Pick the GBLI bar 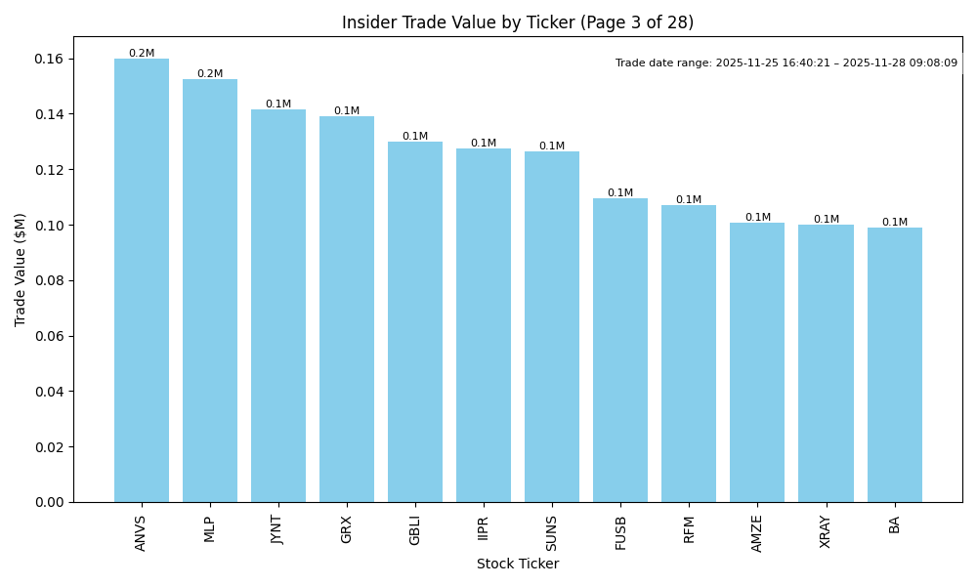(415, 322)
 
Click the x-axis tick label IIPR (484, 527)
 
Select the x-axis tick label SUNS (552, 532)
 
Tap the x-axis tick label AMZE (757, 533)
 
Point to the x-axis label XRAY (826, 532)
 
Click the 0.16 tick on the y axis (48, 60)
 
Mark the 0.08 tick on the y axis (48, 281)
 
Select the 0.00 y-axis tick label (48, 502)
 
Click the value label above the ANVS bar (142, 54)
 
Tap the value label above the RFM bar (689, 200)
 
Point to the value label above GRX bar (347, 111)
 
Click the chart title (518, 22)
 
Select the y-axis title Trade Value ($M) (21, 270)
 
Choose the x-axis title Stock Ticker (518, 565)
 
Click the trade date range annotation (786, 63)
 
